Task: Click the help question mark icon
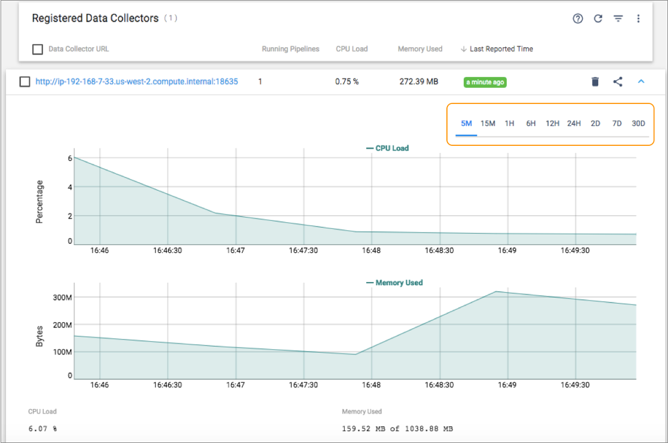[577, 19]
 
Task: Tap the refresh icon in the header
[597, 19]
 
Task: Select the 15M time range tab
[488, 124]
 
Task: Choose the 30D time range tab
[638, 124]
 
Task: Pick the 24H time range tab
[574, 124]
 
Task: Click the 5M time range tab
[466, 124]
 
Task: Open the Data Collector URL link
[136, 82]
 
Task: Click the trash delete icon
[595, 82]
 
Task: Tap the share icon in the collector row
[618, 82]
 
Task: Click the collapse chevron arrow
[641, 81]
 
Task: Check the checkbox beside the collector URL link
[24, 82]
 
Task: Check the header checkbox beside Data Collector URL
[38, 49]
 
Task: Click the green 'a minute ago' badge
[485, 83]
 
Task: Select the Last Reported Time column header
[501, 49]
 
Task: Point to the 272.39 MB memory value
[418, 82]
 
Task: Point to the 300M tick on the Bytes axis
[62, 297]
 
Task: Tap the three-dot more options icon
[638, 19]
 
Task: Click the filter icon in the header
[618, 19]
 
